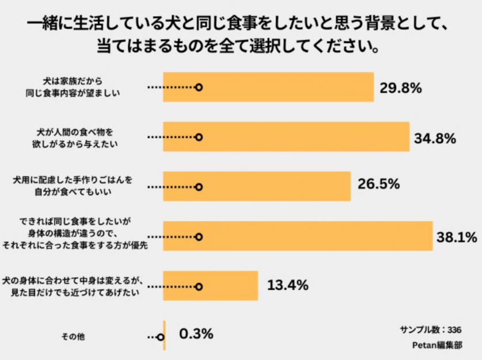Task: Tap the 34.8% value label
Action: (435, 138)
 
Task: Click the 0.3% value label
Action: (196, 334)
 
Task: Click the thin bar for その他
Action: (165, 335)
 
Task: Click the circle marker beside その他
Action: (160, 337)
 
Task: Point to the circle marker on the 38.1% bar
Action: (199, 237)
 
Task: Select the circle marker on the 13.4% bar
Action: (199, 286)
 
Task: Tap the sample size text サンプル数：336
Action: (431, 330)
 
